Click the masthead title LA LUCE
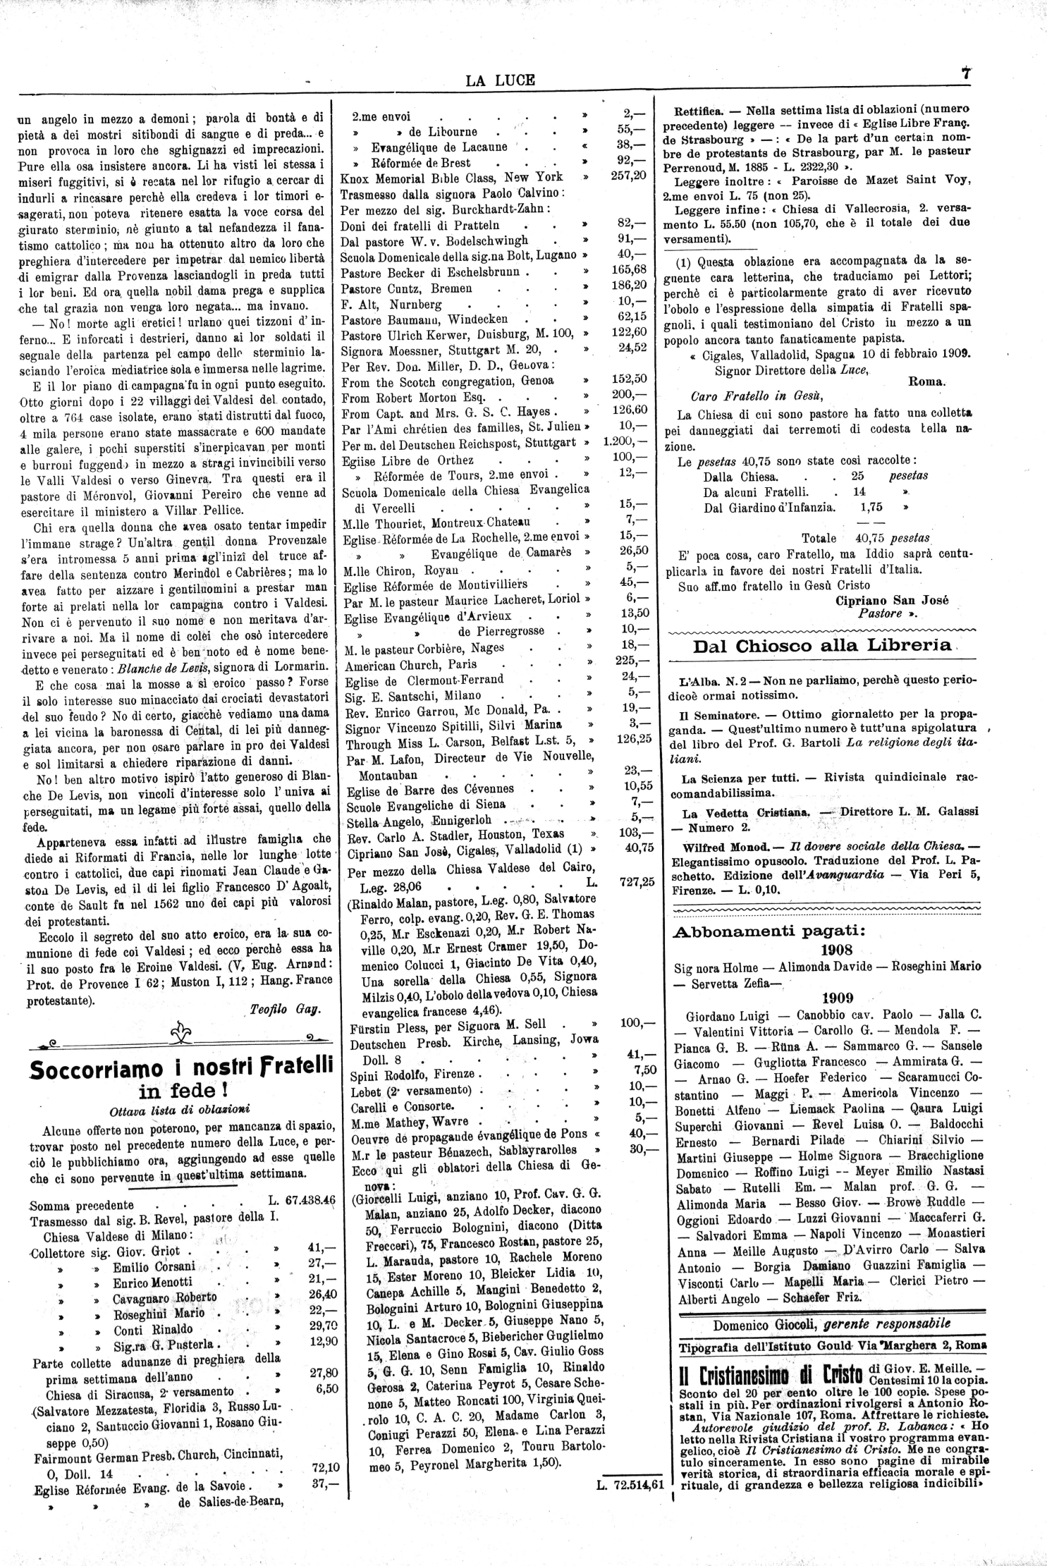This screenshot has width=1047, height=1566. click(500, 80)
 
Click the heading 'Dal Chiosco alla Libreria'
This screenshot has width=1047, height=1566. click(821, 645)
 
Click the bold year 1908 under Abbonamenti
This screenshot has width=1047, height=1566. click(837, 949)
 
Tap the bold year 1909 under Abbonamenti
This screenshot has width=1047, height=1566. click(837, 998)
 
